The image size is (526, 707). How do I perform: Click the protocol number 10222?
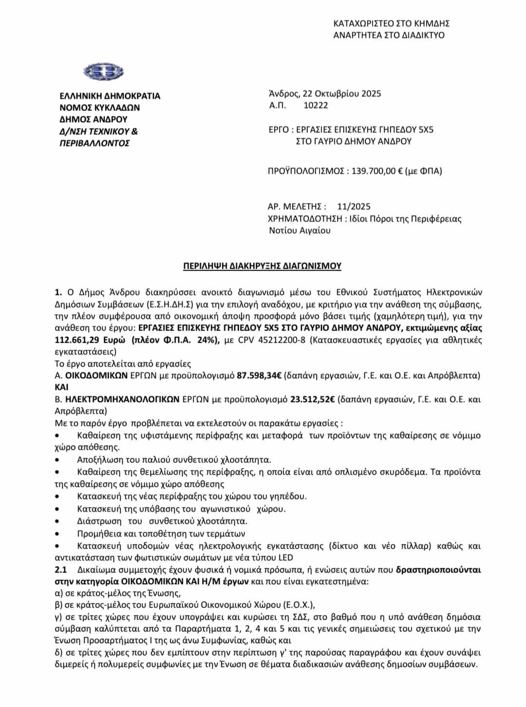(316, 105)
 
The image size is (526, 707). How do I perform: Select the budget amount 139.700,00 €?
(379, 171)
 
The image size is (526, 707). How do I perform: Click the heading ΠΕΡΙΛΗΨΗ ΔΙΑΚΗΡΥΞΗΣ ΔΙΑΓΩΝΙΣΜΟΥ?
(262, 266)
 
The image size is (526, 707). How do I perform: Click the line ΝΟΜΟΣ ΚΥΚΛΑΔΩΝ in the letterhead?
(99, 108)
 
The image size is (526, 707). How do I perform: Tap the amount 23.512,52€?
(312, 400)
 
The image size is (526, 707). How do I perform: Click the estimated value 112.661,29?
(83, 340)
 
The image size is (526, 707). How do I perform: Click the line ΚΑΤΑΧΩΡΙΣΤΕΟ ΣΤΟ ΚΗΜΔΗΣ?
(391, 23)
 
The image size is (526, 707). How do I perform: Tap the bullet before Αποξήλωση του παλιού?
(58, 460)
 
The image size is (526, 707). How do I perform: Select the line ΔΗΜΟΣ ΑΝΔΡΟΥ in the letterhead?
(93, 119)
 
